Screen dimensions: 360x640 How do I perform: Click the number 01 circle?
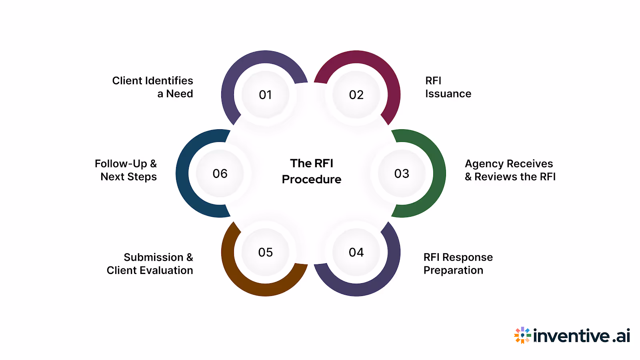(x=266, y=95)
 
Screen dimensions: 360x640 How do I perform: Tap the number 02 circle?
(x=356, y=95)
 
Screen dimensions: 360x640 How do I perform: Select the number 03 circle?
(x=402, y=174)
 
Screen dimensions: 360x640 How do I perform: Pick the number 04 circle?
(x=356, y=252)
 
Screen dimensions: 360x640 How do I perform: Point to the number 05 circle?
(x=266, y=252)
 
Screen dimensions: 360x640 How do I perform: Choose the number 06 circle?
(x=220, y=174)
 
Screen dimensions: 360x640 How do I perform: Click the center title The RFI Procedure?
(x=312, y=171)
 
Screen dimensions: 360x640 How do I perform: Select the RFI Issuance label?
(x=448, y=87)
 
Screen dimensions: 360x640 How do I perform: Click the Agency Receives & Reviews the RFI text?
(x=510, y=170)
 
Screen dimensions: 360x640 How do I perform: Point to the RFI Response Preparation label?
(x=458, y=264)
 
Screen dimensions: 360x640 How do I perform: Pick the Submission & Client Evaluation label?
(x=150, y=264)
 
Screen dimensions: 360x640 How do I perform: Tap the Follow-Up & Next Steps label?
(x=126, y=170)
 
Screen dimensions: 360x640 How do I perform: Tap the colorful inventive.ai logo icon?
(x=522, y=335)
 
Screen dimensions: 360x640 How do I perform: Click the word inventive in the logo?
(x=572, y=336)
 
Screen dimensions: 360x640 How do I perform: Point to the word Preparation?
(x=453, y=271)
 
